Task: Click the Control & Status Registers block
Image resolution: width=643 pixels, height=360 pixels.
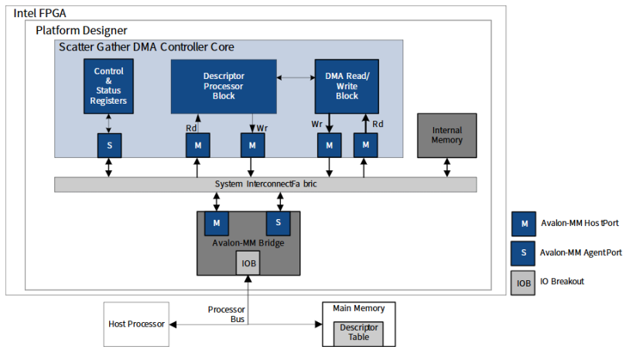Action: tap(108, 86)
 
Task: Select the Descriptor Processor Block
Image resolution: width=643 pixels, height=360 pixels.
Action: tap(224, 87)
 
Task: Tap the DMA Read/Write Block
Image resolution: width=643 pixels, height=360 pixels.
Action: tap(347, 86)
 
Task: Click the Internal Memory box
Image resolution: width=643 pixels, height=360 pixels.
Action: tap(446, 135)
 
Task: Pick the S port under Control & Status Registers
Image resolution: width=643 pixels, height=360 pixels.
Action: tap(109, 145)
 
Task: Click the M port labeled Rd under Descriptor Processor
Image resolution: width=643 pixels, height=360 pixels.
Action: tap(197, 145)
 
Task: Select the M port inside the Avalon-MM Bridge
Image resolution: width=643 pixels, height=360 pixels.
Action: tap(216, 223)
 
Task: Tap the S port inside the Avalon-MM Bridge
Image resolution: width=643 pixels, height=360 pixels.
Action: tap(279, 223)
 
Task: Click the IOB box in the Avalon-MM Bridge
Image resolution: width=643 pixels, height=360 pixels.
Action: tap(248, 262)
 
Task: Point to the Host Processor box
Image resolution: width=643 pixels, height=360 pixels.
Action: tap(136, 324)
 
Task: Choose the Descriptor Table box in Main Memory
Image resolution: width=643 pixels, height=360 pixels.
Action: tap(358, 333)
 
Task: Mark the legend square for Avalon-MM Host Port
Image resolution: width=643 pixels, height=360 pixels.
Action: tap(524, 224)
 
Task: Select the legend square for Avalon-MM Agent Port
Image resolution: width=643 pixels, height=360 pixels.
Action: tap(524, 252)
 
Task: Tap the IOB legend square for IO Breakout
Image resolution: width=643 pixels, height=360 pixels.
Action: tap(524, 282)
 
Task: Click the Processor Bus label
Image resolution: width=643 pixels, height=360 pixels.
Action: tap(227, 314)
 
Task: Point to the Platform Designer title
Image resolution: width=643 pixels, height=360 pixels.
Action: tap(81, 30)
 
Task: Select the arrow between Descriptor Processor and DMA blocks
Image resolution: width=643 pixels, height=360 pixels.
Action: tap(296, 77)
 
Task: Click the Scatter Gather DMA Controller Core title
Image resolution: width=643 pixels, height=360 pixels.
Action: tap(147, 47)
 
